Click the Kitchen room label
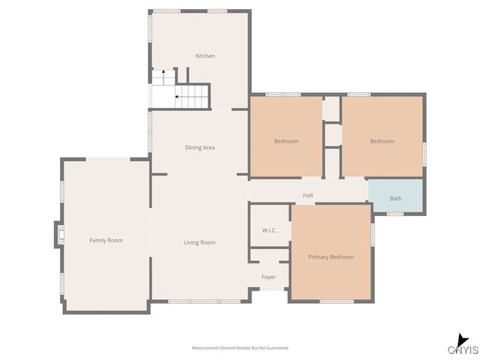[x=205, y=56]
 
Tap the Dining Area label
[x=199, y=148]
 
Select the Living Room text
[x=200, y=242]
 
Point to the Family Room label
[x=106, y=240]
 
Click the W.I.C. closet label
[x=269, y=230]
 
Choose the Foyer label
[x=268, y=277]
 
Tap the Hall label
[x=307, y=196]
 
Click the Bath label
[x=395, y=199]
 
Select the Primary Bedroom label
[x=331, y=256]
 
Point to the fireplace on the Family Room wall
[x=58, y=234]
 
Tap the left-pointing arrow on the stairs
[x=178, y=96]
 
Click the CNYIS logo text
[x=463, y=350]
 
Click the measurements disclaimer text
[x=240, y=348]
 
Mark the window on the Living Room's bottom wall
[x=204, y=301]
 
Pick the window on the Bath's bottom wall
[x=395, y=214]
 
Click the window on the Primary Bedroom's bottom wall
[x=337, y=301]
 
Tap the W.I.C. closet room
[x=269, y=225]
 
